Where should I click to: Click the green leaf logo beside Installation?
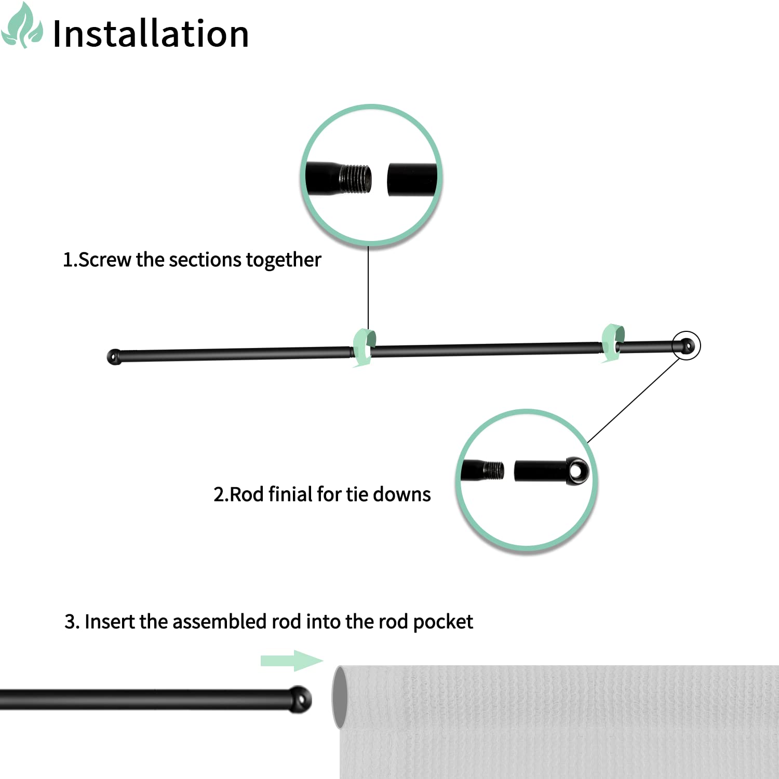point(22,26)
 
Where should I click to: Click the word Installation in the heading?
point(151,34)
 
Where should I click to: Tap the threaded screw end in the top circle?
point(355,179)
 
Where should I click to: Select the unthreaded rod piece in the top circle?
point(412,180)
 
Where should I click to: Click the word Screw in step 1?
point(104,260)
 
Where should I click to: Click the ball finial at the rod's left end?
point(114,357)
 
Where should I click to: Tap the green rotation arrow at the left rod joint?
point(364,347)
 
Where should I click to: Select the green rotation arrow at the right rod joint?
point(612,342)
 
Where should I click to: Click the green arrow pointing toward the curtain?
point(291,661)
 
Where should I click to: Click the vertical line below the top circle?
point(368,287)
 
